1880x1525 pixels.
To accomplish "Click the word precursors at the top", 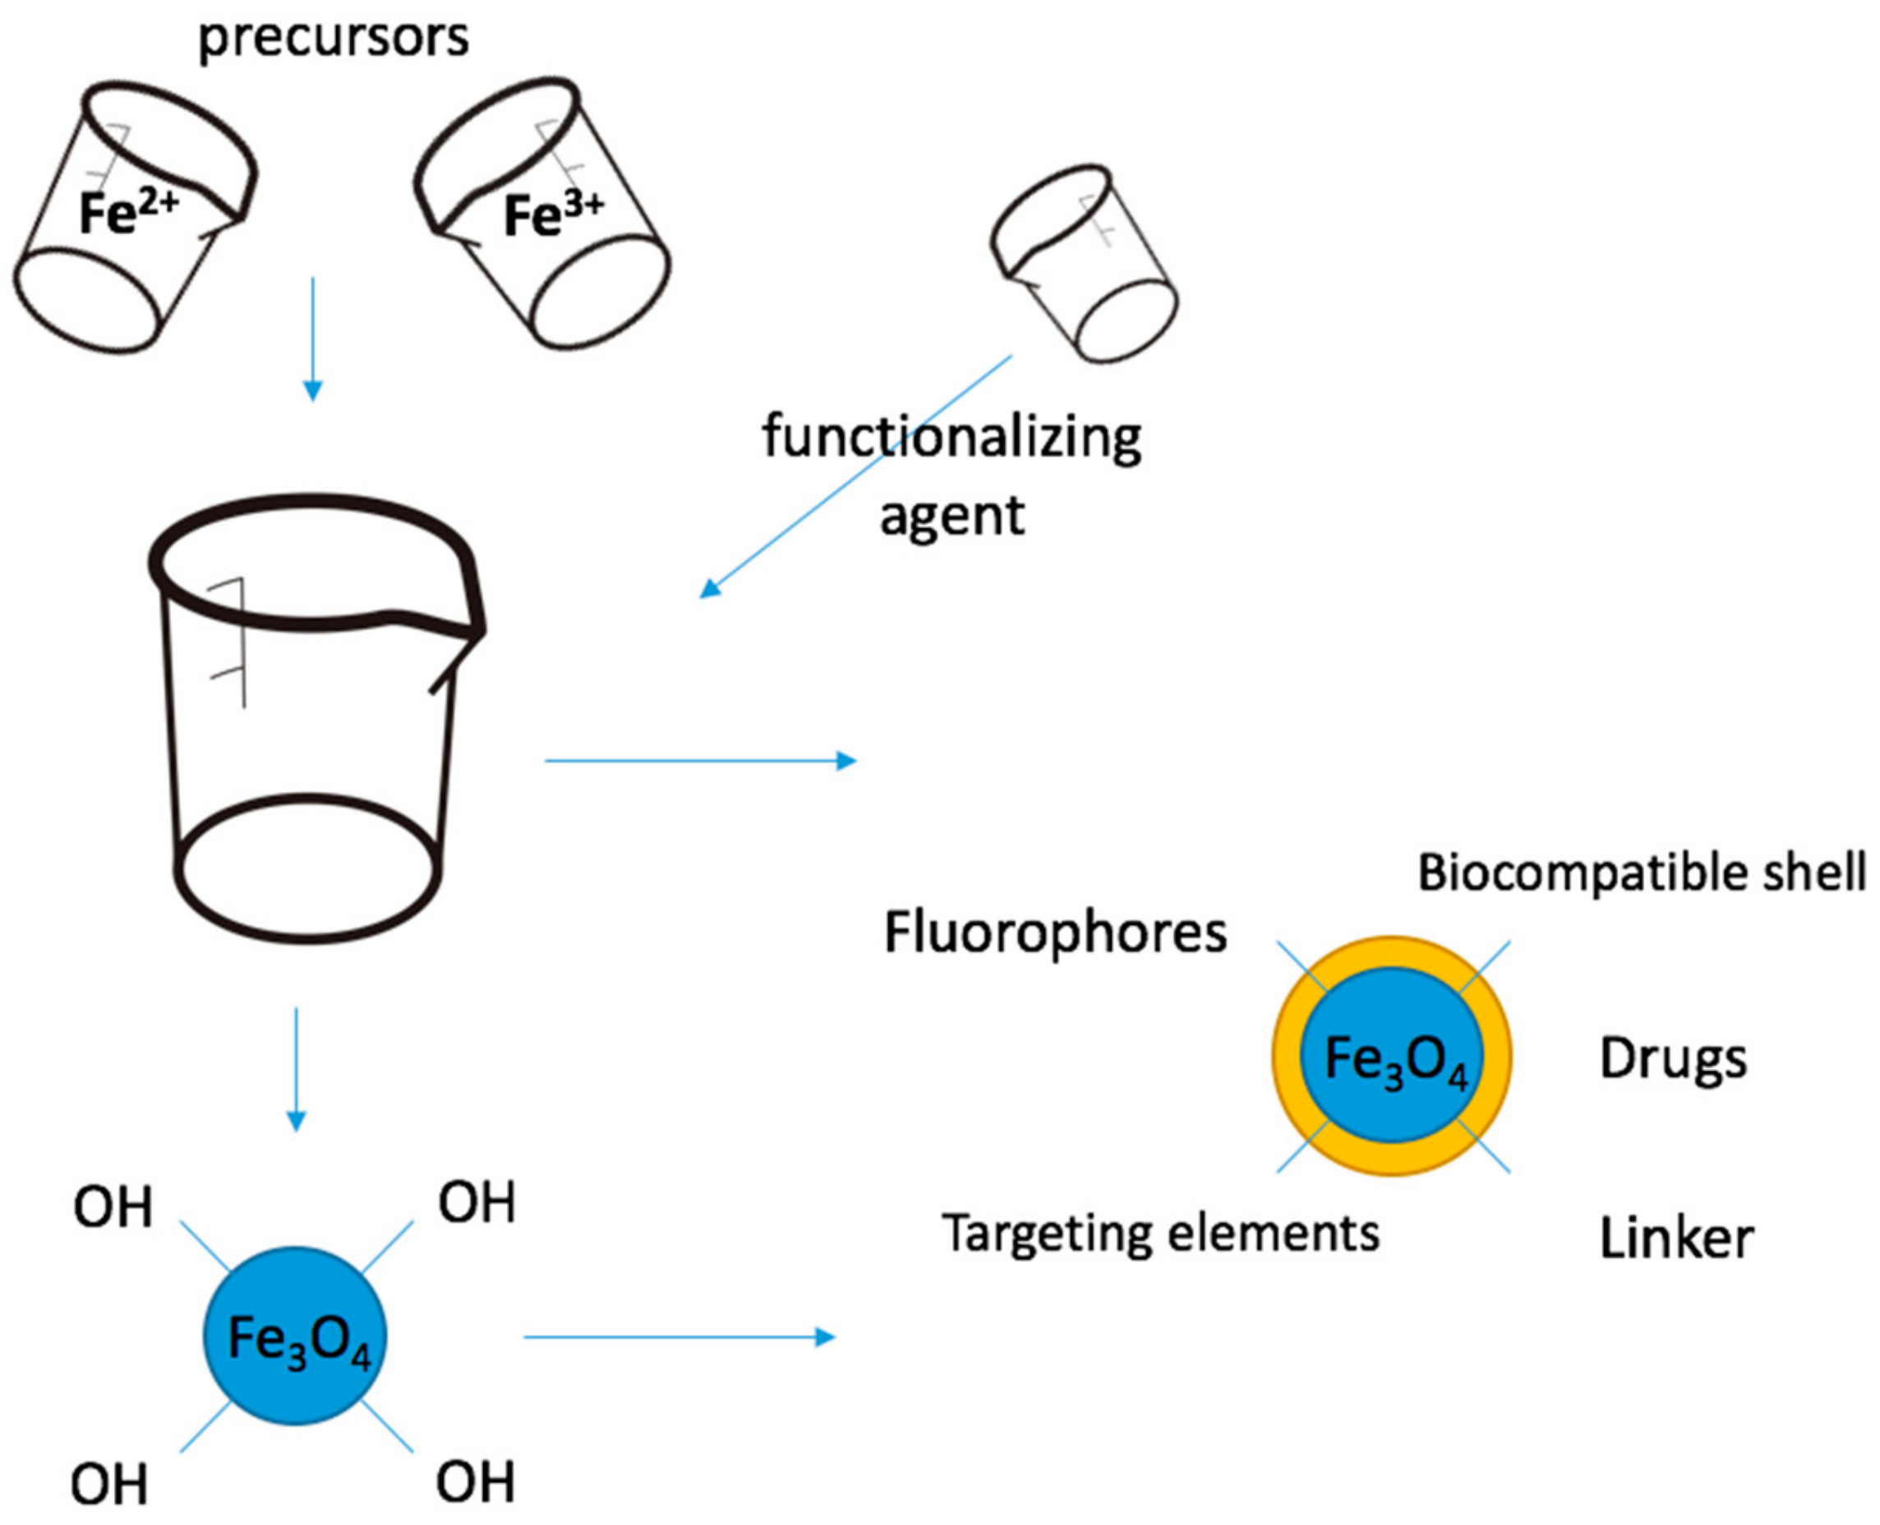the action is [333, 39].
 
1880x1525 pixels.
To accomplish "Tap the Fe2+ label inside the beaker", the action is [128, 214].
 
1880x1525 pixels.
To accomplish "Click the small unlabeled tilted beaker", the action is [1085, 264].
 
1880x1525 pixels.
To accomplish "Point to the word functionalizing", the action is [952, 437].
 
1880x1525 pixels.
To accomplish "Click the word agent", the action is [952, 515].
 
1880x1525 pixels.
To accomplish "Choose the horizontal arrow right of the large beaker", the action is [700, 760].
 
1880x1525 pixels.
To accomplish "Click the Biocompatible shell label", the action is [1641, 873].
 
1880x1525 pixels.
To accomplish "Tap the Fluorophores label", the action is [1054, 933].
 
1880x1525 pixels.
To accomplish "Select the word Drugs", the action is [1673, 1059].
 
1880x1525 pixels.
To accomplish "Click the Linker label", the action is [1675, 1238].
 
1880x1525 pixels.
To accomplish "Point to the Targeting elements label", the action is [1159, 1233].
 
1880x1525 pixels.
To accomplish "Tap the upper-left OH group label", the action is [113, 1208].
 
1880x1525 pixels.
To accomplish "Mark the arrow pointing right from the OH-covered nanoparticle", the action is [678, 1337].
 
